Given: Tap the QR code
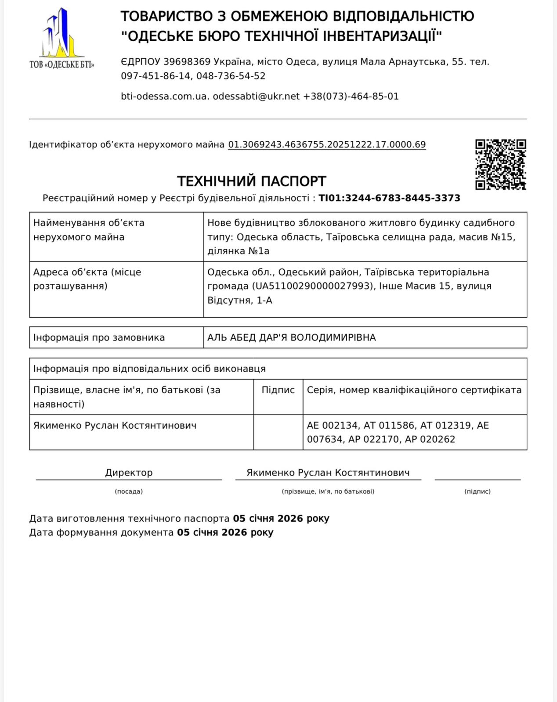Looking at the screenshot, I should point(500,165).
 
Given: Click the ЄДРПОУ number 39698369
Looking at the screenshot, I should point(187,62).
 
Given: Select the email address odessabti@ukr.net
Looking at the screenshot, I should point(256,97).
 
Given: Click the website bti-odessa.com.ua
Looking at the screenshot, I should point(165,97).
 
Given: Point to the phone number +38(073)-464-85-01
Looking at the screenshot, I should point(351,97).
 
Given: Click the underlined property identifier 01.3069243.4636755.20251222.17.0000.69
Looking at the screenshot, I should point(327,145).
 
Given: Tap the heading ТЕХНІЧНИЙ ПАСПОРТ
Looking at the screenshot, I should point(251,181).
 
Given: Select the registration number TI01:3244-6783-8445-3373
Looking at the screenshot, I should point(389,198).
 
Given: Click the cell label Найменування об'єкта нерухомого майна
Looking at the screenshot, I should point(89,230).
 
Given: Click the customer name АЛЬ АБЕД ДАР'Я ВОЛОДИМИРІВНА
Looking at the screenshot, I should point(292,338).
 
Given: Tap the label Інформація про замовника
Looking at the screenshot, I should point(99,338).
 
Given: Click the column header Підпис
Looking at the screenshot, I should point(278,390).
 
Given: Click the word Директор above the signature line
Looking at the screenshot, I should point(129,473).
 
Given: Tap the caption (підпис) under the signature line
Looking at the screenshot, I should point(477,491).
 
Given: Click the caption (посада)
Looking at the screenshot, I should point(129,491).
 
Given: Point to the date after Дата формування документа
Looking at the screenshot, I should point(225,533).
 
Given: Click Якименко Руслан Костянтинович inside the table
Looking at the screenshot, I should point(115,426).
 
